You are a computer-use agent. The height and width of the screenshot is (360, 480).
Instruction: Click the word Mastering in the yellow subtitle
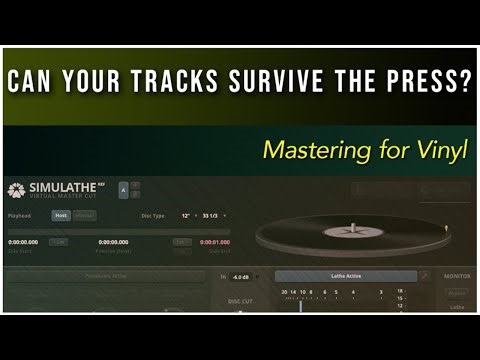tap(313, 152)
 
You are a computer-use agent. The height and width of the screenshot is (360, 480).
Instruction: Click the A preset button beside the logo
tap(122, 189)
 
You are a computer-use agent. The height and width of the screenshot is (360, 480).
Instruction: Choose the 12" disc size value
tap(186, 215)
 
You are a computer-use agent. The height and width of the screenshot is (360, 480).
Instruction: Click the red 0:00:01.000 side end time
tap(215, 242)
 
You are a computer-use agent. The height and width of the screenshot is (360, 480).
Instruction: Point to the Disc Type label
tap(151, 215)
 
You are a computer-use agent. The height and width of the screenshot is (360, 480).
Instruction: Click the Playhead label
tap(20, 215)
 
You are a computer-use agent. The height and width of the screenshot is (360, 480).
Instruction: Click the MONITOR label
tap(456, 277)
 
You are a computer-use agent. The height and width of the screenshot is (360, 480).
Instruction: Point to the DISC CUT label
tap(240, 300)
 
